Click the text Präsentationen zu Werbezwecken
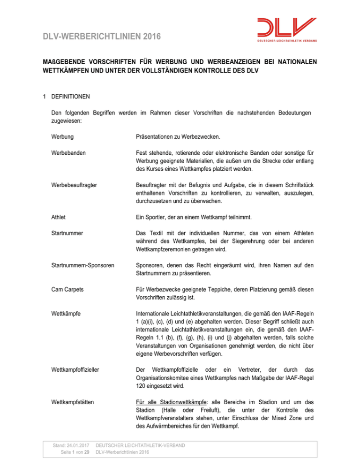pyautogui.click(x=171, y=139)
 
